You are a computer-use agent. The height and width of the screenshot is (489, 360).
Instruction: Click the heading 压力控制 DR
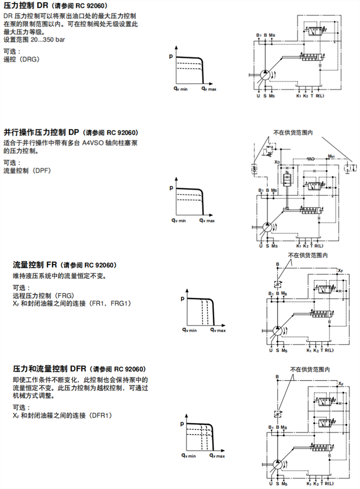click(x=26, y=6)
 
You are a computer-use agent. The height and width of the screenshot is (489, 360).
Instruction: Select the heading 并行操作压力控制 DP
click(x=42, y=133)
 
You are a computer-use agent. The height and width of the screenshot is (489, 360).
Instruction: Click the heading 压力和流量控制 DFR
click(x=49, y=369)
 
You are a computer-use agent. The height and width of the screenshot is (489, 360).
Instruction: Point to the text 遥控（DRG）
click(x=21, y=59)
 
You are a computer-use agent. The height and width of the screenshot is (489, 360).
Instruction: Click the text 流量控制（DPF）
click(x=28, y=171)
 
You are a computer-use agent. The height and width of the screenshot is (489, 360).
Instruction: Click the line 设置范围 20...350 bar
click(x=34, y=40)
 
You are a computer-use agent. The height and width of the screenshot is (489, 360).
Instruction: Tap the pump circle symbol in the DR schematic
click(x=266, y=75)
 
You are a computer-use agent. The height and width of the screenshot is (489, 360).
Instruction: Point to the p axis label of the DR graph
click(x=171, y=56)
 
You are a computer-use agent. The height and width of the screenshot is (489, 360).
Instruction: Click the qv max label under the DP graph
click(x=207, y=220)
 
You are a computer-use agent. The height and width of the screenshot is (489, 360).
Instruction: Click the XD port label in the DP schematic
click(x=276, y=162)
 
